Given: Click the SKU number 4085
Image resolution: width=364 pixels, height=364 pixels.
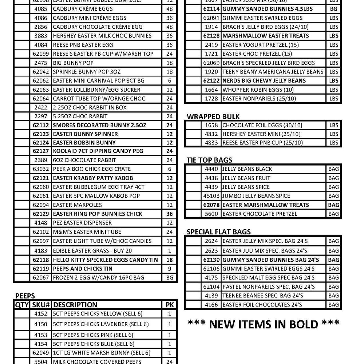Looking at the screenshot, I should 40,9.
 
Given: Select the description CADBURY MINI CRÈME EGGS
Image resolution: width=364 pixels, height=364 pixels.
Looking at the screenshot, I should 84,18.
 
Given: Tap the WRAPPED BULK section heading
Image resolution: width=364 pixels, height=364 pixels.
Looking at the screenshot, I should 213,116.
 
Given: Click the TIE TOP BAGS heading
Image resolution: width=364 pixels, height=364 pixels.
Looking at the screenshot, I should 209,160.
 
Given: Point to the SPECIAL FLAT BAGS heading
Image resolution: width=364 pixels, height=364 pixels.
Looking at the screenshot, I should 218,232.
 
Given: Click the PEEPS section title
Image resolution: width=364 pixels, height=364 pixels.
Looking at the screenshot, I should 25,296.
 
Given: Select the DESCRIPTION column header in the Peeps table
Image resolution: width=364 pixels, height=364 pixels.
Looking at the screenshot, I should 75,305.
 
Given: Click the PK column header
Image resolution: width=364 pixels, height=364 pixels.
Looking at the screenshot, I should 170,305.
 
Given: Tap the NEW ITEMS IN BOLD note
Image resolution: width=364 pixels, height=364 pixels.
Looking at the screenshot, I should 264,324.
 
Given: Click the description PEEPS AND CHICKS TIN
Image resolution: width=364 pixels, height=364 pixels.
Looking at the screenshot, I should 83,269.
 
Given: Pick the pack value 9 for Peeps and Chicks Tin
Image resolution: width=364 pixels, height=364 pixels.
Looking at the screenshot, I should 170,269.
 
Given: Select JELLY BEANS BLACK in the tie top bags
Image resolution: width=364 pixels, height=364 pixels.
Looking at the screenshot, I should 247,169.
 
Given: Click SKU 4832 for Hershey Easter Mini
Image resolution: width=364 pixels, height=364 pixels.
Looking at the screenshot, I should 211,134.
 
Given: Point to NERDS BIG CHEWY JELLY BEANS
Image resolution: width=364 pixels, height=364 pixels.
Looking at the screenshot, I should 264,80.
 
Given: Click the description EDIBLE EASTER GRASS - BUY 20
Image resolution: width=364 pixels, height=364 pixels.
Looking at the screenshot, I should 92,250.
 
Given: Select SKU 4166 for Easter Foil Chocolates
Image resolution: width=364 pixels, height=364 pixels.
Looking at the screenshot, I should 211,305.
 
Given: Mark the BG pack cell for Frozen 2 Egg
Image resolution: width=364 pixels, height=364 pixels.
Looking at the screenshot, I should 170,278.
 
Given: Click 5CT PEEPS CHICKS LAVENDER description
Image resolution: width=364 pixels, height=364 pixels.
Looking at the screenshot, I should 100,324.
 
